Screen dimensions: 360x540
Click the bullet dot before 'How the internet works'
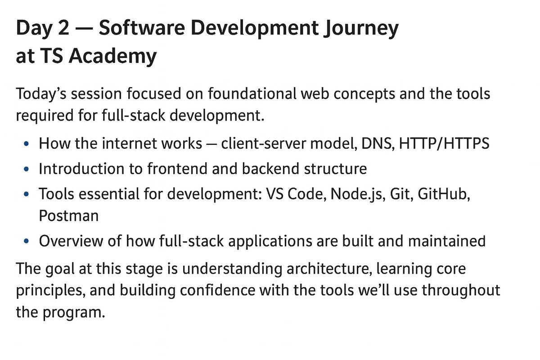click(x=28, y=144)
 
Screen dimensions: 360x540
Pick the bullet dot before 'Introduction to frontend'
click(x=28, y=169)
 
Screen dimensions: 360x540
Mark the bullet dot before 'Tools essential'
click(x=28, y=194)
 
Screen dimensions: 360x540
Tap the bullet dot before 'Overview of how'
click(x=28, y=242)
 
